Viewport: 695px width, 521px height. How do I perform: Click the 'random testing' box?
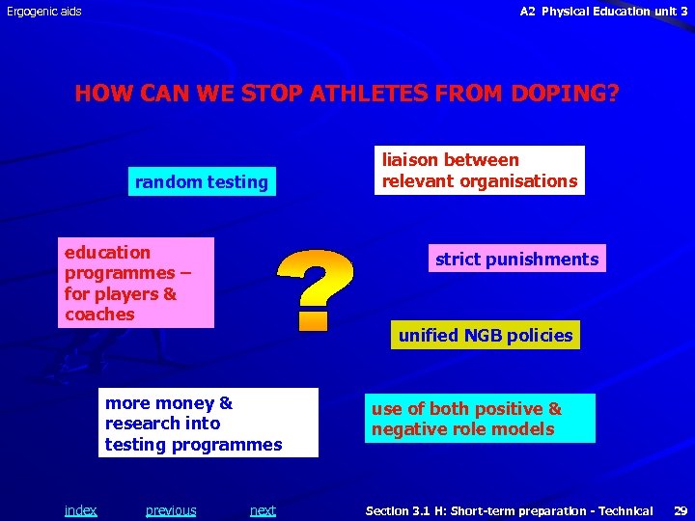tap(202, 181)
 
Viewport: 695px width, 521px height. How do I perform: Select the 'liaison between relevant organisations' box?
tap(480, 171)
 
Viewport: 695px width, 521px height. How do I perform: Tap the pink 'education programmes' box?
tap(135, 283)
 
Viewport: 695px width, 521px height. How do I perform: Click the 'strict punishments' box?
tap(516, 259)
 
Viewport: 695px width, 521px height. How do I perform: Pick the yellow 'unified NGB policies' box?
tap(486, 335)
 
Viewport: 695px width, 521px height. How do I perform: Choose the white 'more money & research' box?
tap(210, 423)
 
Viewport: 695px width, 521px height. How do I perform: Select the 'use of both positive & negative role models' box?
tap(480, 419)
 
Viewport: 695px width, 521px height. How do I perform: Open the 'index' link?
tap(80, 510)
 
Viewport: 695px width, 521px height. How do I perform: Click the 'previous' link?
tap(171, 510)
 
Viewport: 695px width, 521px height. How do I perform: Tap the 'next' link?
tap(263, 510)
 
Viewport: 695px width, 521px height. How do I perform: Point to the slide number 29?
tap(680, 510)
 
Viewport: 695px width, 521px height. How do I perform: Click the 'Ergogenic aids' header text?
tap(44, 12)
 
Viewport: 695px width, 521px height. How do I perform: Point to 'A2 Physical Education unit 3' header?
tap(603, 12)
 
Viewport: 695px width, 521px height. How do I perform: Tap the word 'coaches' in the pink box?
tap(99, 315)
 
